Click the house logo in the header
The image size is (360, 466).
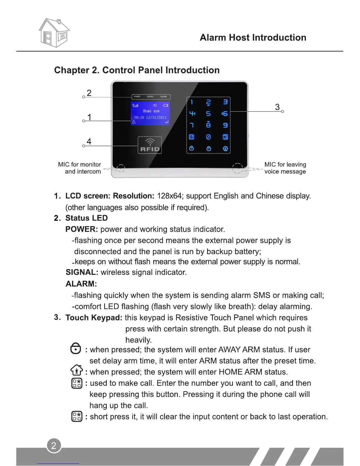(54, 33)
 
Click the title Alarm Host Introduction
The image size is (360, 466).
(253, 38)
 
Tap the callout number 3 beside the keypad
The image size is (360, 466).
(277, 107)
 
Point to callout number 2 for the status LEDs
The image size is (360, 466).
(89, 93)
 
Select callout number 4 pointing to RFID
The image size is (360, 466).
(89, 142)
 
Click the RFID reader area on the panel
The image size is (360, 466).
(150, 145)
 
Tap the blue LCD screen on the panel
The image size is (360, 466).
(150, 114)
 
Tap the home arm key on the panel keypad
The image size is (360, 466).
(225, 149)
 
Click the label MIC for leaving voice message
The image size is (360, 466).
(285, 168)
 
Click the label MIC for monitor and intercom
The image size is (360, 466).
(80, 168)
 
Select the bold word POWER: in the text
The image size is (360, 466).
(81, 229)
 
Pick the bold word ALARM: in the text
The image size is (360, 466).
(81, 284)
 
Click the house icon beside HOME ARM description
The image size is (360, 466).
(76, 370)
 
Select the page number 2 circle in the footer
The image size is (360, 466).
(54, 445)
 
